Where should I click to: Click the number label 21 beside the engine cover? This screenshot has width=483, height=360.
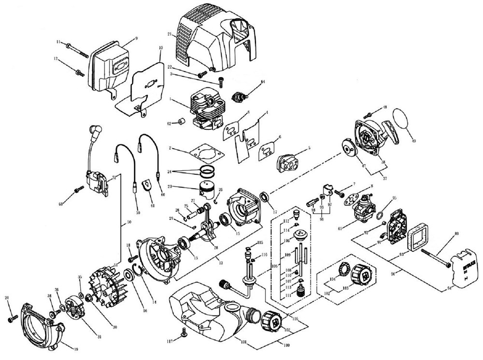pyautogui.click(x=170, y=34)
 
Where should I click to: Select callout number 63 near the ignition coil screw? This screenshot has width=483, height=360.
pyautogui.click(x=61, y=205)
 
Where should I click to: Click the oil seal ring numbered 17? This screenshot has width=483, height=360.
pyautogui.click(x=265, y=197)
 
